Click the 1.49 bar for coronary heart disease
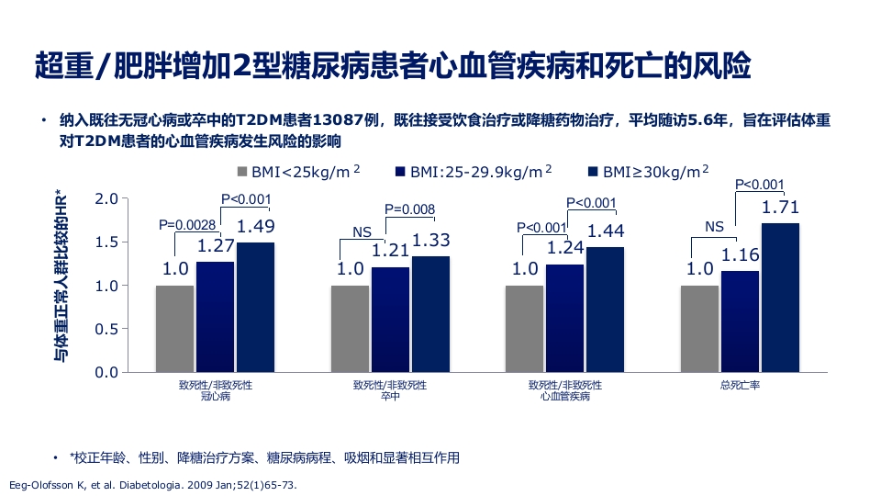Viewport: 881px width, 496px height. coord(255,307)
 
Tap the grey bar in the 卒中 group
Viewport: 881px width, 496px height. coord(350,328)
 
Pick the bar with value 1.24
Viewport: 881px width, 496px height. coord(564,318)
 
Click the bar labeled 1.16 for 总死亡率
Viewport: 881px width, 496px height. coord(740,321)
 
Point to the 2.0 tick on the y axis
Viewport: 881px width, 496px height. coord(107,198)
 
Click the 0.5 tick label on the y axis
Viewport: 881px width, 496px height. coord(107,329)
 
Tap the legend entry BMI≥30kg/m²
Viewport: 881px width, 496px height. coord(648,172)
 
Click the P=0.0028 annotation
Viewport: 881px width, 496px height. coord(187,225)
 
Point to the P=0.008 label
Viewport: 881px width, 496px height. coord(409,209)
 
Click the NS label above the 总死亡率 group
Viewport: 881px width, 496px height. coord(715,226)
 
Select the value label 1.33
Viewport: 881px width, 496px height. coord(430,241)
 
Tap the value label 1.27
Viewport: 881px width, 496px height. coord(216,246)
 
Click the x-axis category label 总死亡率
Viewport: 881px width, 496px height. coord(740,386)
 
